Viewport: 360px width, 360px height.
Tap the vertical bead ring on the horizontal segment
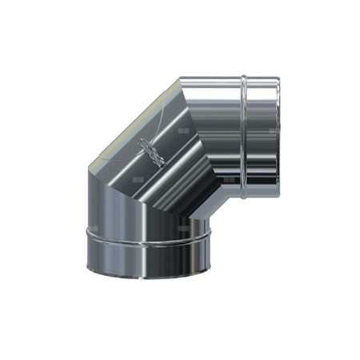point(242,128)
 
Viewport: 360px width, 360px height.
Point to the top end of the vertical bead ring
point(242,78)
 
